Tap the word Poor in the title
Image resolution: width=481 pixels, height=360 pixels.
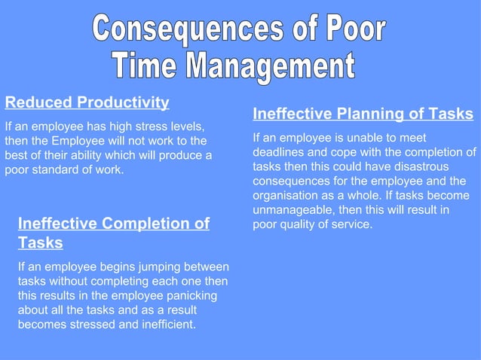pyautogui.click(x=347, y=30)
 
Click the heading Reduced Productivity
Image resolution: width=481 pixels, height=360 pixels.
pyautogui.click(x=87, y=102)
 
